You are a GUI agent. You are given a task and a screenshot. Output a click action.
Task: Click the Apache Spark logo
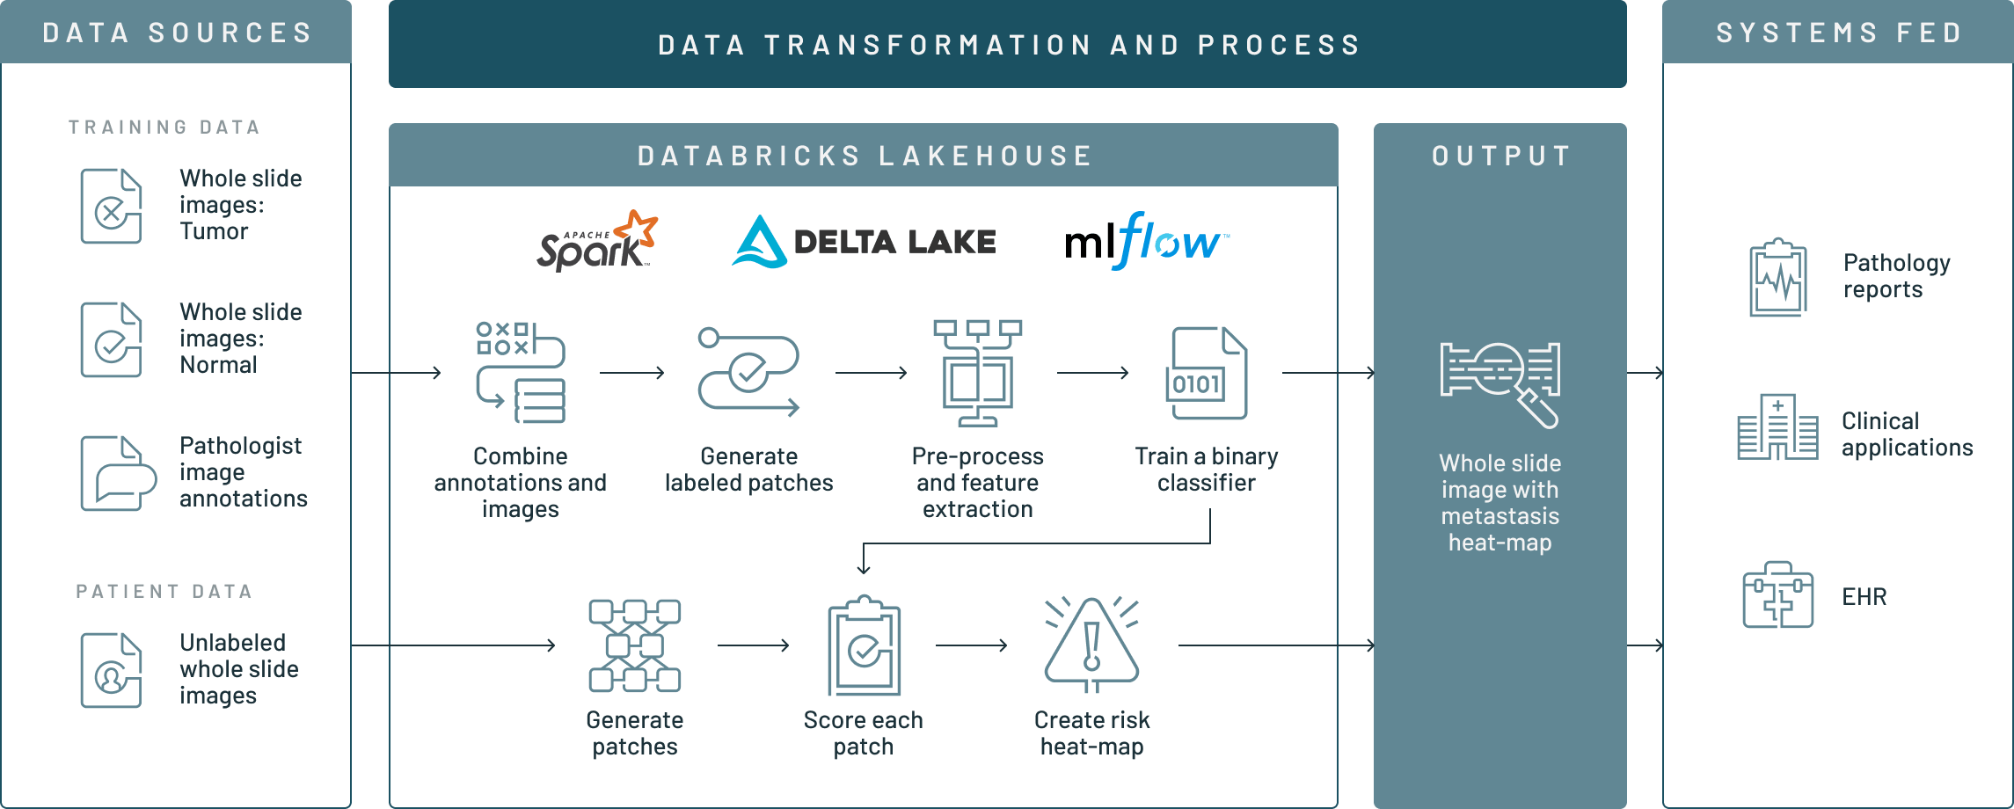[x=597, y=241]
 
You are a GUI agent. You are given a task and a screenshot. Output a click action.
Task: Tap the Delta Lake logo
[x=865, y=242]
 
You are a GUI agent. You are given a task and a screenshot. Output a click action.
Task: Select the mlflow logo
[x=1146, y=241]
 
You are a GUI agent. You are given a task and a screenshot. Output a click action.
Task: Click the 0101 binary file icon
[x=1206, y=373]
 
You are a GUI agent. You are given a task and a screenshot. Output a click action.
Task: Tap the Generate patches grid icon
[x=634, y=645]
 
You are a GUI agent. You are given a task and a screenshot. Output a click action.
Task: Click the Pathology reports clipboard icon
[x=1778, y=277]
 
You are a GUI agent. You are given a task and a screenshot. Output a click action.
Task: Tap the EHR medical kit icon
[x=1777, y=595]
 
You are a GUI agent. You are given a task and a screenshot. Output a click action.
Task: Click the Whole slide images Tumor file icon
[x=111, y=206]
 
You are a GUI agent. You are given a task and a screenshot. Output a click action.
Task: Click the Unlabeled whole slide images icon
[x=111, y=670]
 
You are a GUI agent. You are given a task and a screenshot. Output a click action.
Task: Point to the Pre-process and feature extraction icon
[x=977, y=373]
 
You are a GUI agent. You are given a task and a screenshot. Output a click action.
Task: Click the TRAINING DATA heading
[x=164, y=128]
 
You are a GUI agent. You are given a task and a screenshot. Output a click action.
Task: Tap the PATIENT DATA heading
[x=164, y=591]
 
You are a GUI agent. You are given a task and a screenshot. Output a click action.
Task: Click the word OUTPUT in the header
[x=1500, y=157]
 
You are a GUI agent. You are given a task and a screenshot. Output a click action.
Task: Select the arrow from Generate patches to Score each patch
[x=753, y=645]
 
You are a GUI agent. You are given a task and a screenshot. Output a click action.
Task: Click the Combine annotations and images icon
[x=521, y=373]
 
